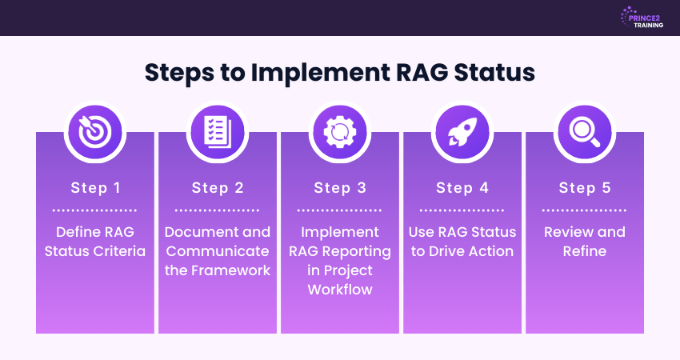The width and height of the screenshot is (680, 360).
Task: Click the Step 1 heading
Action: click(95, 188)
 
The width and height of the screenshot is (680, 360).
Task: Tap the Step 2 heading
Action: click(218, 188)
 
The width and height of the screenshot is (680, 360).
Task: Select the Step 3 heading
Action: click(340, 188)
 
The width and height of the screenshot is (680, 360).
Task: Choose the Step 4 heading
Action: click(462, 188)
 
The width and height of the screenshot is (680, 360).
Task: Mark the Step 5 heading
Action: click(585, 188)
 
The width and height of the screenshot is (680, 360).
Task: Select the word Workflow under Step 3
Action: click(340, 290)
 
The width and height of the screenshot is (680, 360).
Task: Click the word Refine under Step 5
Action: click(585, 251)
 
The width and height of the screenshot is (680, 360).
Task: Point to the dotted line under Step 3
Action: click(340, 210)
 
